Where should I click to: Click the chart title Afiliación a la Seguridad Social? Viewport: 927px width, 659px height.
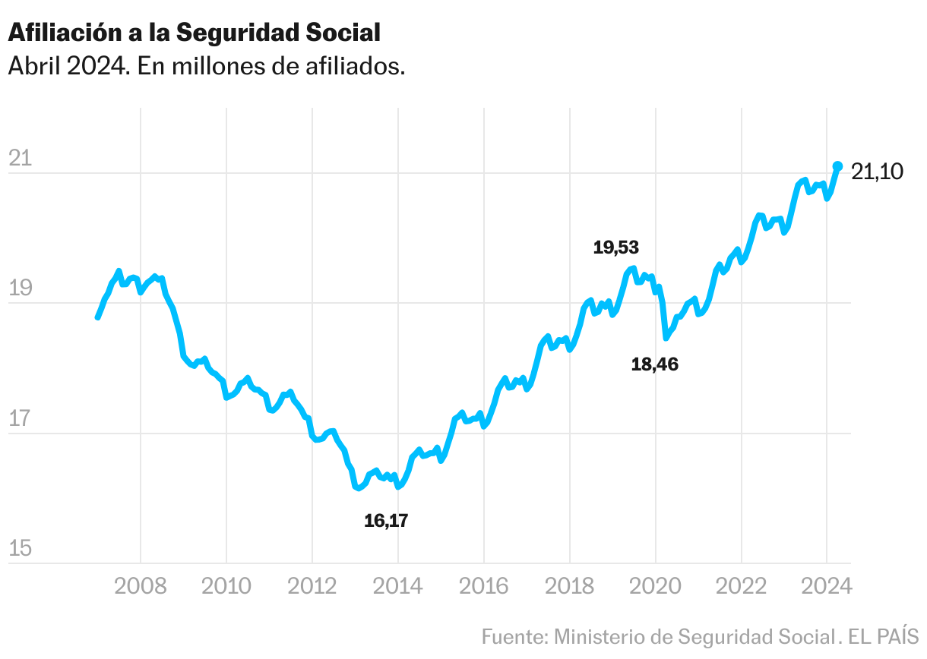coord(194,32)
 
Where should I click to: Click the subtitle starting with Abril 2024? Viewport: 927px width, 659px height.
coord(206,66)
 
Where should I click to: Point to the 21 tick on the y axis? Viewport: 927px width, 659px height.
coord(19,159)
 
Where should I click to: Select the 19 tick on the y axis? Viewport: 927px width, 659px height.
coord(19,289)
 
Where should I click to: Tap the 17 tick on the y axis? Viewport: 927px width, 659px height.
coord(19,418)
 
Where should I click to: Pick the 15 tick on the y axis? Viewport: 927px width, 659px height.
coord(19,548)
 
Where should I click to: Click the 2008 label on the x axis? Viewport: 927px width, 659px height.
coord(141,587)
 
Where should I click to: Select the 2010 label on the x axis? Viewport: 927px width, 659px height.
coord(226,587)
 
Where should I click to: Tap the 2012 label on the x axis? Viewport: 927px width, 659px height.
coord(312,587)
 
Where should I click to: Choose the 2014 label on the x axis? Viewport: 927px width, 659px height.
coord(398,587)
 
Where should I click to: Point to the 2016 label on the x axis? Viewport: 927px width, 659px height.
coord(484,587)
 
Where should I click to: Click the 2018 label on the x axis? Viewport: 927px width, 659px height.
coord(570,587)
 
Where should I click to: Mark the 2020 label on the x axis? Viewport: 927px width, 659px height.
coord(656,587)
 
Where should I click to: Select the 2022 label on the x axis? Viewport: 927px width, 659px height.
coord(742,587)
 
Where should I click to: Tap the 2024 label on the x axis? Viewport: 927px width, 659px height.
coord(827,587)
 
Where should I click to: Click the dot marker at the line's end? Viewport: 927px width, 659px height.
coord(837,166)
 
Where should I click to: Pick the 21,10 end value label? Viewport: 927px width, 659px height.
coord(877,172)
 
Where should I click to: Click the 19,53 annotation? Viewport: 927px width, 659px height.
coord(616,247)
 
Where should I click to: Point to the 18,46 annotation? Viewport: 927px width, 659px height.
coord(655,364)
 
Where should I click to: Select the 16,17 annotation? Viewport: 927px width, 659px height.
coord(386,521)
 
